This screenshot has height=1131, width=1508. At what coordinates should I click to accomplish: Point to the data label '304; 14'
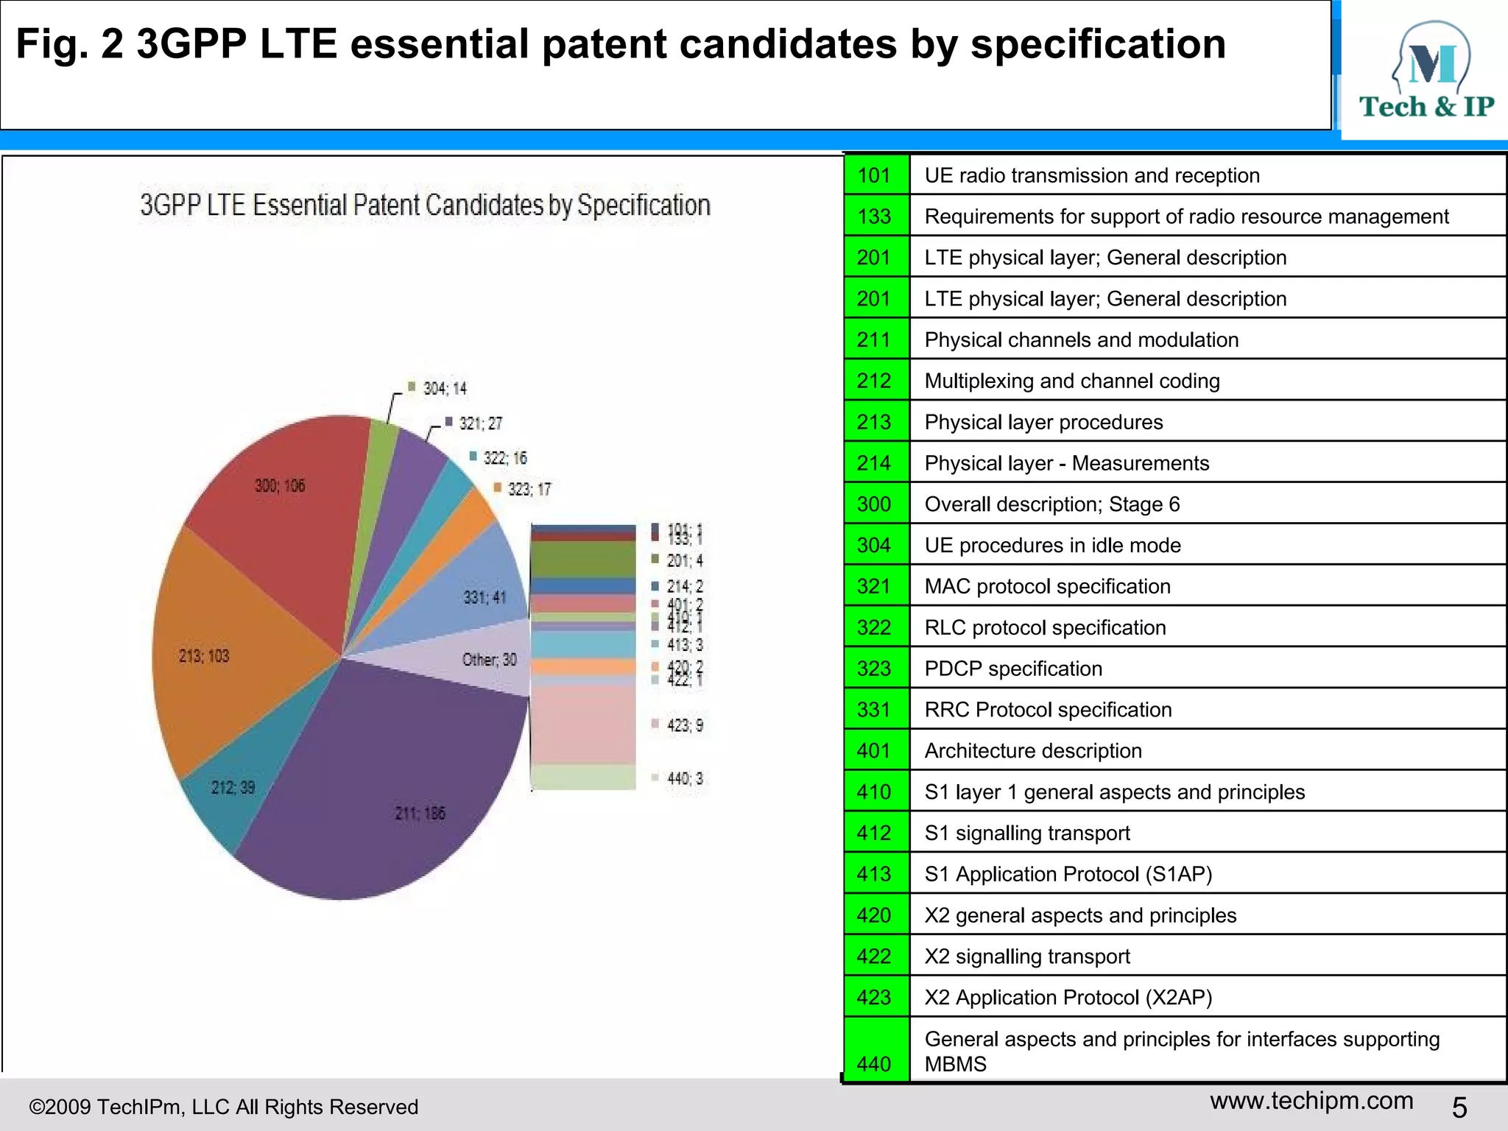pos(444,389)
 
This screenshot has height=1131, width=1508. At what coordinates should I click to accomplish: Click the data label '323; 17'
pos(528,490)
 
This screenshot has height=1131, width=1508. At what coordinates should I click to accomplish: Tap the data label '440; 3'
pos(684,778)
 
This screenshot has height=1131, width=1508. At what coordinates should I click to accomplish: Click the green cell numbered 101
pos(875,175)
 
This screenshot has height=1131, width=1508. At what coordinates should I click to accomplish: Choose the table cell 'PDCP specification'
pos(1013,669)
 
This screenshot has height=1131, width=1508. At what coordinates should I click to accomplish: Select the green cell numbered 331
pos(875,710)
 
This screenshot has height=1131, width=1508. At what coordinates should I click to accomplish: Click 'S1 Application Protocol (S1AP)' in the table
pos(1068,874)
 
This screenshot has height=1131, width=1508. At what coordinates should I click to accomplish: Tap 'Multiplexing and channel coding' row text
pos(1072,381)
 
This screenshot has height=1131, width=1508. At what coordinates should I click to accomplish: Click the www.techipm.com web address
pos(1311,1101)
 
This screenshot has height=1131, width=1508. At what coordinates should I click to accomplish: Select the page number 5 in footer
pos(1459,1107)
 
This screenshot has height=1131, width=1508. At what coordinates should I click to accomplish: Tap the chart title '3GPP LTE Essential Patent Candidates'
pos(425,205)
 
